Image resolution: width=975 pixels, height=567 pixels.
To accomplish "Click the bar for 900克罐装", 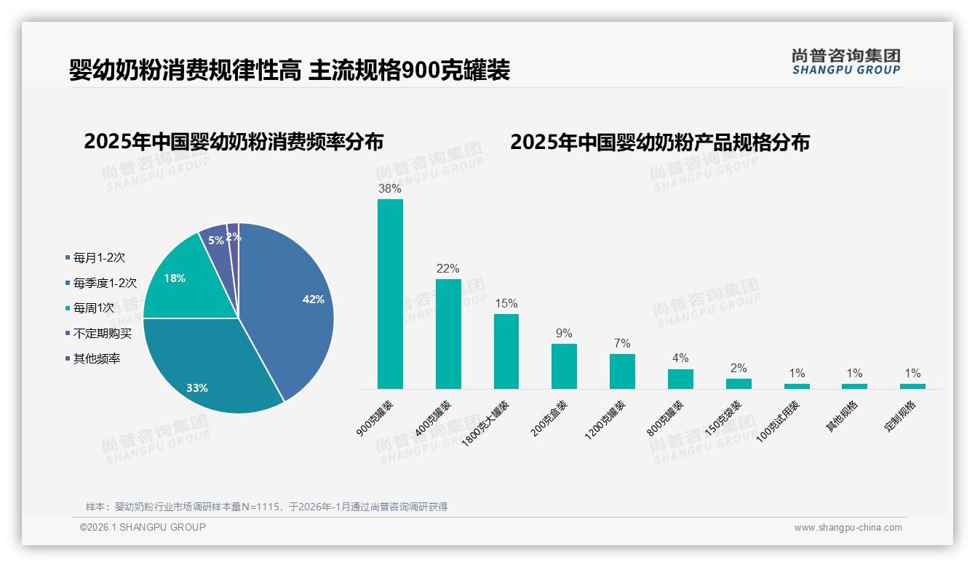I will pos(390,294).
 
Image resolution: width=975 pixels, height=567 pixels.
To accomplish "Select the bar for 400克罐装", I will pos(448,334).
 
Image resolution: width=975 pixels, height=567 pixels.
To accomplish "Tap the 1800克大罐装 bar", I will pos(506,351).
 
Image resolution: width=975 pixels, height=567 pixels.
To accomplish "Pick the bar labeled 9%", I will pos(564,366).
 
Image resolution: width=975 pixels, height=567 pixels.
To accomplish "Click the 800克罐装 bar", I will pos(680,379).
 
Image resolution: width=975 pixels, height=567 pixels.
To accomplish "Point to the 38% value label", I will pos(390,188).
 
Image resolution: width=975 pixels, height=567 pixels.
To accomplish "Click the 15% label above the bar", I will pos(506,303).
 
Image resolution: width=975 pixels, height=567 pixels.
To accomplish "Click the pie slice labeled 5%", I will pos(216,240).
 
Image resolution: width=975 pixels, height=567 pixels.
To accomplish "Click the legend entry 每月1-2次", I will pos(99,257).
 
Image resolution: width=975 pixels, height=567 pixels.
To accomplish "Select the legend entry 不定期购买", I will pos(102,333).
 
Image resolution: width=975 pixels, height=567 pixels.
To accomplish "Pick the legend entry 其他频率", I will pos(96,358).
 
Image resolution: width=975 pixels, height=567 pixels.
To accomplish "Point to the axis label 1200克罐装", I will pos(605,420).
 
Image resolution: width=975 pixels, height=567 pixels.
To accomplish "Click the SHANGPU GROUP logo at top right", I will pos(845,62).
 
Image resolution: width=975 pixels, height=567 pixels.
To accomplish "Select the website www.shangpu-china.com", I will pos(848,528).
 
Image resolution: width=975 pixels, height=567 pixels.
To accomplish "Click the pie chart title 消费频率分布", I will pos(234,141).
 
